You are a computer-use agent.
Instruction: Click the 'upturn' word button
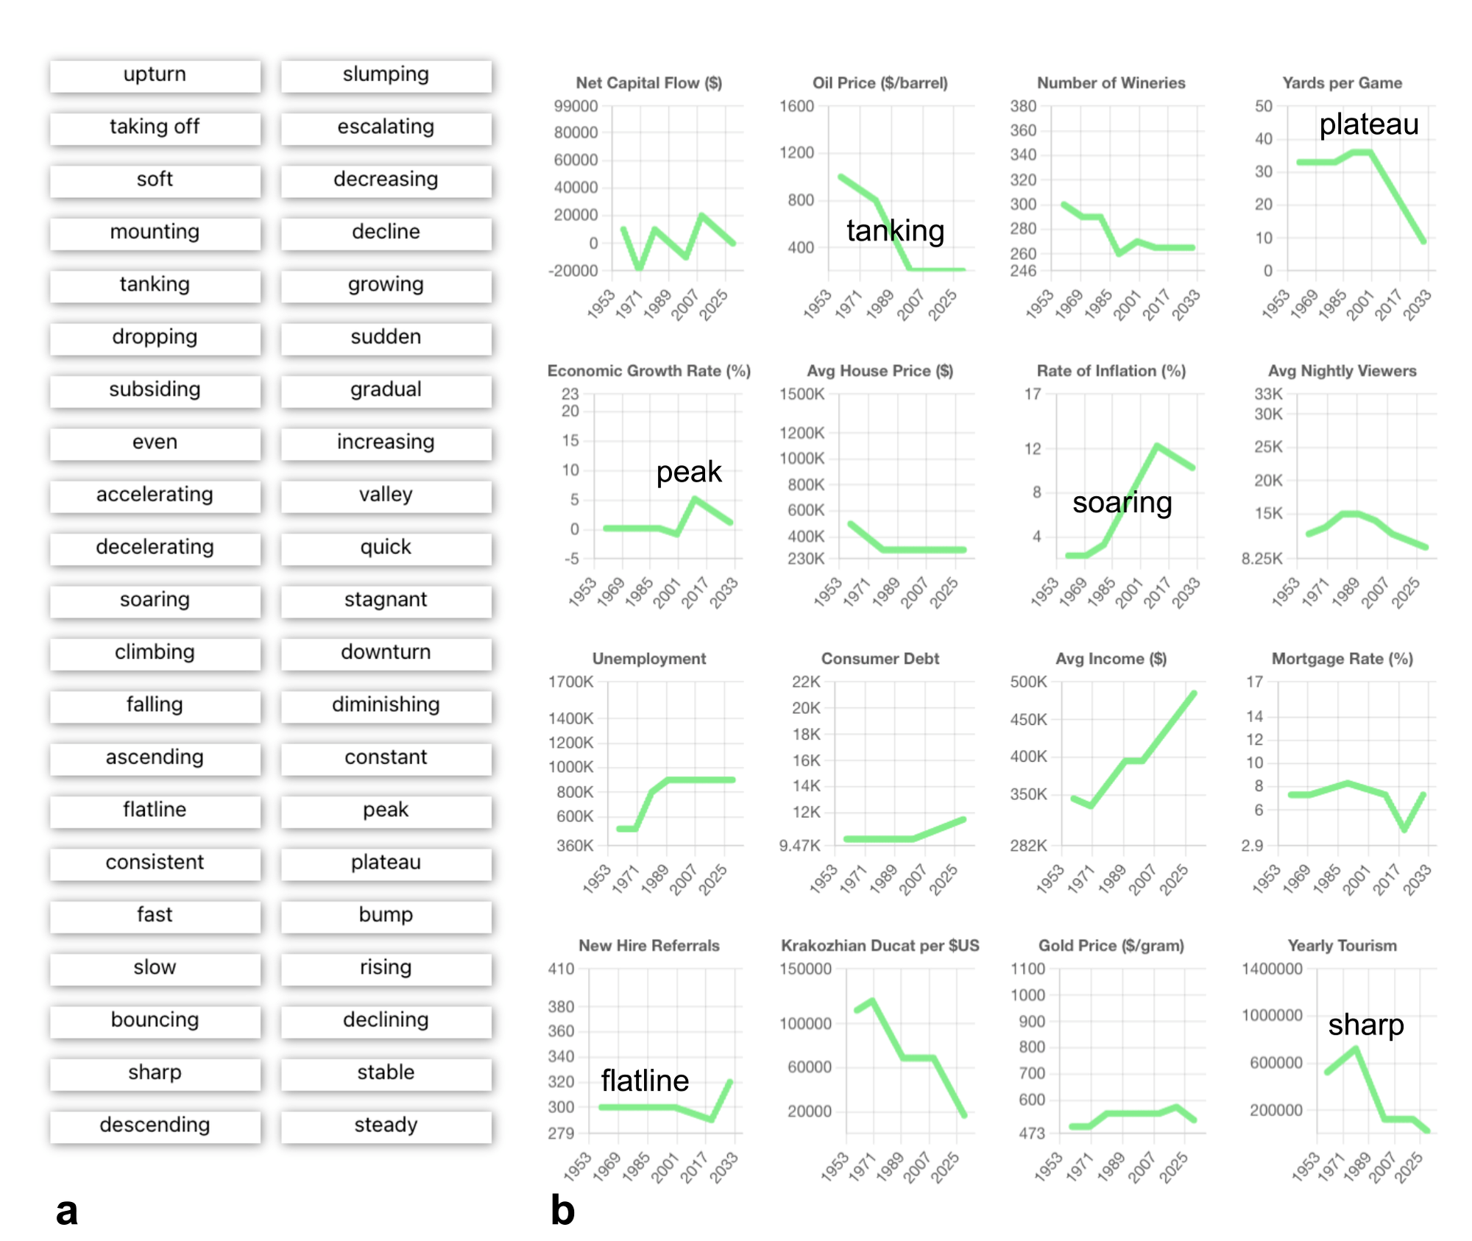point(155,75)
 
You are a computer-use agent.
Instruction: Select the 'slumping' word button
point(386,75)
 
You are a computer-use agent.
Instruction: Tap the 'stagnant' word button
point(386,600)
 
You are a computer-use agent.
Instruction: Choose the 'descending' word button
point(155,1125)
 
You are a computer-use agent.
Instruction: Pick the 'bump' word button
point(386,915)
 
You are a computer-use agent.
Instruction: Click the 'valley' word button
point(386,495)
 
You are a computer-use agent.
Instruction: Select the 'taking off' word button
point(155,127)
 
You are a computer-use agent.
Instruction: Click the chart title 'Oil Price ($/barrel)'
point(880,83)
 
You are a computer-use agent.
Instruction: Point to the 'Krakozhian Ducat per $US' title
point(880,946)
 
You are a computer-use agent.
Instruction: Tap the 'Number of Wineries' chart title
point(1111,83)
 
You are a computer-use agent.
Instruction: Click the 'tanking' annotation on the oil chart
point(895,231)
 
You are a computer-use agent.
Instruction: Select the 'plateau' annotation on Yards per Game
point(1368,124)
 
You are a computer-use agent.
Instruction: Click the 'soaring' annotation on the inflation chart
point(1122,503)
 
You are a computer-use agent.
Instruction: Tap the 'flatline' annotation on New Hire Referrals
point(645,1081)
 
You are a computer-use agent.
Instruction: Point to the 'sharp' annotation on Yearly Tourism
point(1366,1025)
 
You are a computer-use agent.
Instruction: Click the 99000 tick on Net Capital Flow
point(576,107)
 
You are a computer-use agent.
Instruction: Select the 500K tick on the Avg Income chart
point(1028,682)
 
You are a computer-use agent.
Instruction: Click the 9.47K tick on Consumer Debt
point(799,846)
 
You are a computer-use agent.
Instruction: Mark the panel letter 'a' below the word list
point(67,1211)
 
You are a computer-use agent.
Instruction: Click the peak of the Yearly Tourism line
point(1356,1048)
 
